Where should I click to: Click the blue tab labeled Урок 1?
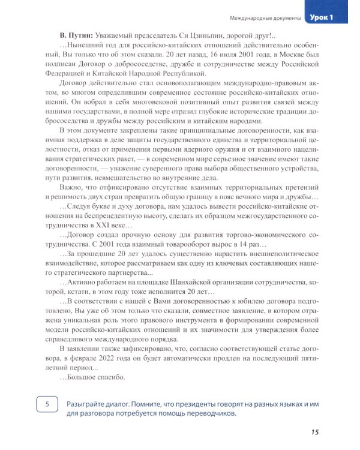(x=329, y=19)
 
